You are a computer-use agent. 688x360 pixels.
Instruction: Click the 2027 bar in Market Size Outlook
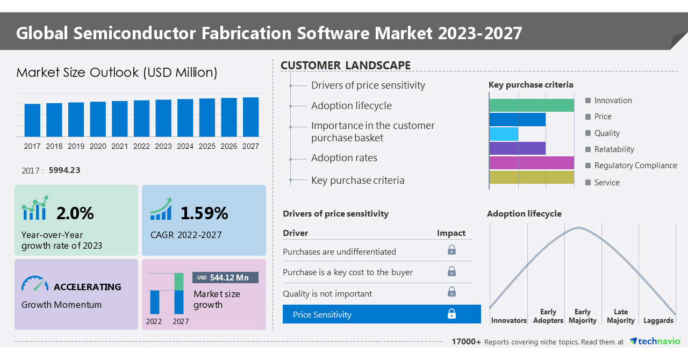pos(250,117)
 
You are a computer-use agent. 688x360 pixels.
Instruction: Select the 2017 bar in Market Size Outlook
pos(32,120)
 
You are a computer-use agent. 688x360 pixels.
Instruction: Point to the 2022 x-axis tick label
pos(141,146)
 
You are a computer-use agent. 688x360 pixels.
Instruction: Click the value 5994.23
pos(64,170)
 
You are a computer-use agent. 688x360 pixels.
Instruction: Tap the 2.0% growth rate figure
pos(75,213)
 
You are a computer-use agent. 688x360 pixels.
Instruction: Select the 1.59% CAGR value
pos(204,213)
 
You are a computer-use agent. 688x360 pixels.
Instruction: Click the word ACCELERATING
pos(87,287)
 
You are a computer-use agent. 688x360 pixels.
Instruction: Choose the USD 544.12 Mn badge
pos(225,277)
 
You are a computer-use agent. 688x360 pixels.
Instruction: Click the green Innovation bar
pos(531,105)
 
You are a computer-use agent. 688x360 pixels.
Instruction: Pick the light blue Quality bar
pos(504,134)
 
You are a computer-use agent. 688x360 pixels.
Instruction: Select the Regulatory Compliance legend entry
pos(635,165)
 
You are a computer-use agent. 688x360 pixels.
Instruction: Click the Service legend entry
pos(607,183)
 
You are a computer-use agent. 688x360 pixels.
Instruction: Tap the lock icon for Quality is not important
pos(451,292)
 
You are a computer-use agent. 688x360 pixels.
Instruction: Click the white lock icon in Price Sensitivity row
pos(451,314)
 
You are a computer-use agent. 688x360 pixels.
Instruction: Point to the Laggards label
pos(658,320)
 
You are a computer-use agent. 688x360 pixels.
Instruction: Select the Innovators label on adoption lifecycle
pos(508,320)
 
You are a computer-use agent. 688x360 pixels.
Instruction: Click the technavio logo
pos(655,342)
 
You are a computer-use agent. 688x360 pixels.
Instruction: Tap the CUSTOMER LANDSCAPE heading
pos(346,66)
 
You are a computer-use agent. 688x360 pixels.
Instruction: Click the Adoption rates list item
pos(344,158)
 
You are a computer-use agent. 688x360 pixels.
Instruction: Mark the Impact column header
pos(451,233)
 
